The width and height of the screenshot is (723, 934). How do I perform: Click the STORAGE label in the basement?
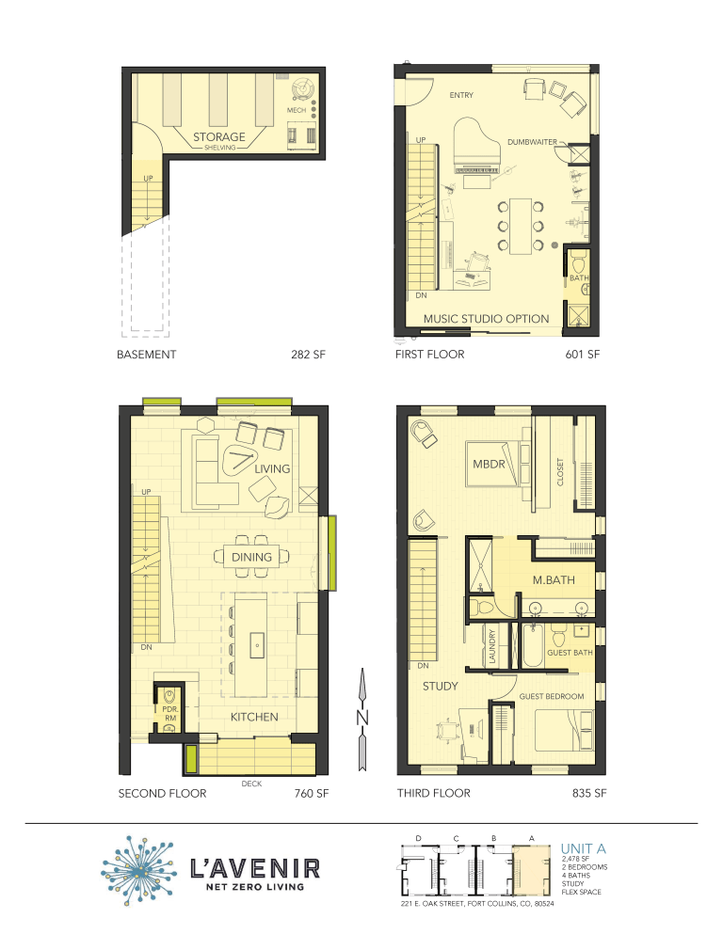219,136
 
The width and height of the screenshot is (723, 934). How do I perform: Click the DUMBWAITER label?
533,142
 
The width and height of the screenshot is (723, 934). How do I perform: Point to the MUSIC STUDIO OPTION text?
486,318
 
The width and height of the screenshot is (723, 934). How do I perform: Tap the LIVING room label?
272,468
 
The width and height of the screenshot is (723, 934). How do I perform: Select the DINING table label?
251,557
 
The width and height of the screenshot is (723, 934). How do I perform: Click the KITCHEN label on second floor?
254,717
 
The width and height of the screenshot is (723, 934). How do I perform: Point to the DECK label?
250,782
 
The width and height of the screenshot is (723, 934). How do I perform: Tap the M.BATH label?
554,580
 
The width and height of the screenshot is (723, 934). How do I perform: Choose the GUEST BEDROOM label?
552,697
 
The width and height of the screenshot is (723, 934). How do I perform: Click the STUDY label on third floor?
440,686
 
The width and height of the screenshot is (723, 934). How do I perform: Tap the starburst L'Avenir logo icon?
139,866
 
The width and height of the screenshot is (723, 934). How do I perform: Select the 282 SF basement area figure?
310,356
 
